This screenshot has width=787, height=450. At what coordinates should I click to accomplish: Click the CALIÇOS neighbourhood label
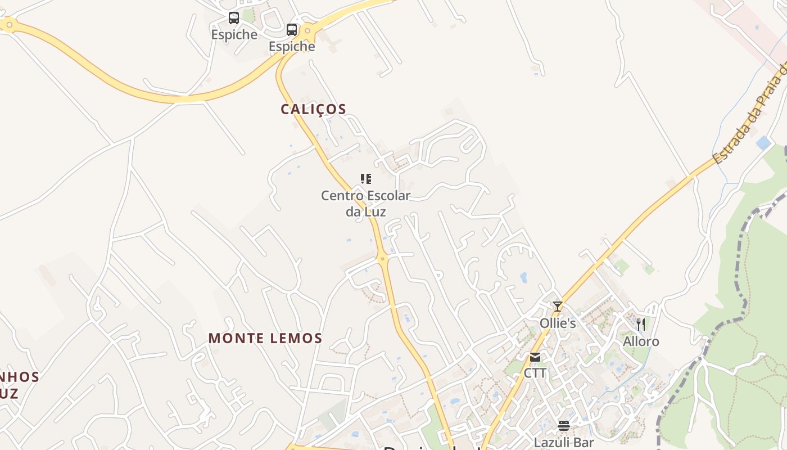coord(313,109)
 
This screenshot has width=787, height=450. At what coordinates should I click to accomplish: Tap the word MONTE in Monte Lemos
coord(236,338)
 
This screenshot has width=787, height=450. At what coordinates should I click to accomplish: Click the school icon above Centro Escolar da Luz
coord(366,179)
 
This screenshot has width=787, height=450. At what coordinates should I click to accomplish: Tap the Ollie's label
coord(558,323)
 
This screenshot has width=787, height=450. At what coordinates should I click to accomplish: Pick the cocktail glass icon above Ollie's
coord(558,307)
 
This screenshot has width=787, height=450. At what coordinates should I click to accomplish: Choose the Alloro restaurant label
coord(641,341)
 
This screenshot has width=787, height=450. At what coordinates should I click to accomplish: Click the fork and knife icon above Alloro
coord(640,325)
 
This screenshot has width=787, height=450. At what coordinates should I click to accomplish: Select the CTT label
coord(535,373)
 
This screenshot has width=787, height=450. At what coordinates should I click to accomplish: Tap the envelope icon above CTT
coord(535,357)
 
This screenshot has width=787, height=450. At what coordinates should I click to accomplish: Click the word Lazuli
coord(553,442)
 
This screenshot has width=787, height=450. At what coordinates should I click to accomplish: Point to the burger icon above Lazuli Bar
coord(564,426)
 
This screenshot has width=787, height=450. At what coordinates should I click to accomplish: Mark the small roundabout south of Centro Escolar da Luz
coord(383,259)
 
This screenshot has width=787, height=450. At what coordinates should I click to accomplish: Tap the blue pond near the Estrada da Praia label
coord(763,143)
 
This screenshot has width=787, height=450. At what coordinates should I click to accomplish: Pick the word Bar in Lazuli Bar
coord(584,442)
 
